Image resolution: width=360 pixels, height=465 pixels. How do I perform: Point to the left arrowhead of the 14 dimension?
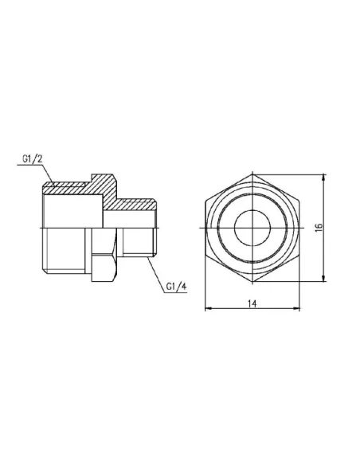coord(208,307)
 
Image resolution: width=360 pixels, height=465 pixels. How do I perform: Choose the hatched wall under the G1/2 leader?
coord(68,190)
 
